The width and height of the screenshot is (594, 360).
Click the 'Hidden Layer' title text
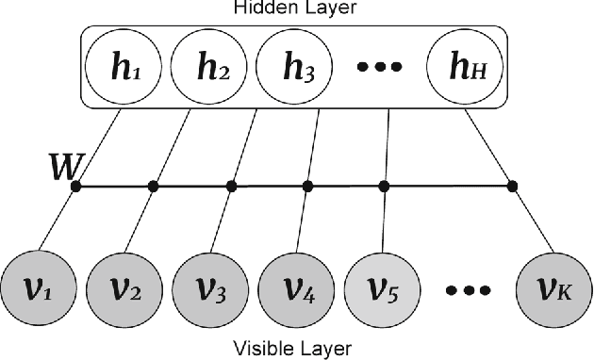tap(295, 8)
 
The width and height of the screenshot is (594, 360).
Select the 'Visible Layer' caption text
tap(295, 349)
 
